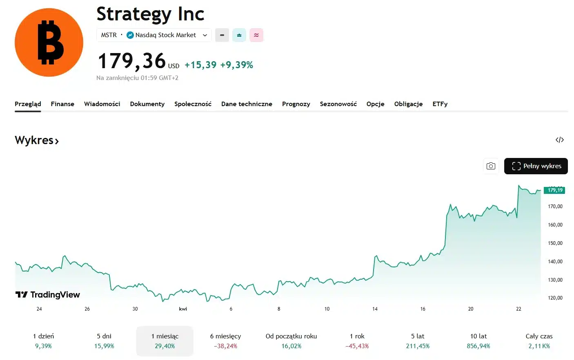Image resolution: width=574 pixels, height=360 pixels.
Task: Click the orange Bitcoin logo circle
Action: pos(49,42)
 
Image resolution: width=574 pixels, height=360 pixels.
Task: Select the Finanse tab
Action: pos(62,104)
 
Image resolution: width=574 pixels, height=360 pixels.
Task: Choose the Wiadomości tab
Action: pos(102,104)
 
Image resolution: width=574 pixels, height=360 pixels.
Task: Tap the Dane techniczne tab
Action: pos(247,104)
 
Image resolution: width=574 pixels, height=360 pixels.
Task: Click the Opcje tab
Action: pos(375,104)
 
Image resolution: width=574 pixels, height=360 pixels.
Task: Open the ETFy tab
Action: pos(440,104)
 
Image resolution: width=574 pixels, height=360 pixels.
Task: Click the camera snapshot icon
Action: pos(491,166)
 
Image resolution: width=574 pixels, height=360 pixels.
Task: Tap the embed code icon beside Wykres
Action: pos(559,140)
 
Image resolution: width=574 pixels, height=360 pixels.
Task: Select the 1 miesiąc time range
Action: pos(165,341)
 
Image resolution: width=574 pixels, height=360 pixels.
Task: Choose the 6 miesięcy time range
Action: pos(225,341)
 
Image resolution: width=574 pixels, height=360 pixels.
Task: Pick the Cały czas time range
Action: pos(539,341)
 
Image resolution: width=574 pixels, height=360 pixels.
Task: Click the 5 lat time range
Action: pos(418,341)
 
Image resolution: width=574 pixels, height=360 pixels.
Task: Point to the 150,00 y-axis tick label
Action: pos(555,243)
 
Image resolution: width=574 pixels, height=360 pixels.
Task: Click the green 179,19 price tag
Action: pos(554,190)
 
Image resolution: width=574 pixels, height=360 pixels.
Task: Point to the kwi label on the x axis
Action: pos(183,309)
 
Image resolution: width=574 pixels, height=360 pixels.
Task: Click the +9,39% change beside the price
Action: pos(236,65)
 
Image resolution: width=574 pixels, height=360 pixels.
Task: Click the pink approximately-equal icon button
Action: pos(256,35)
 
